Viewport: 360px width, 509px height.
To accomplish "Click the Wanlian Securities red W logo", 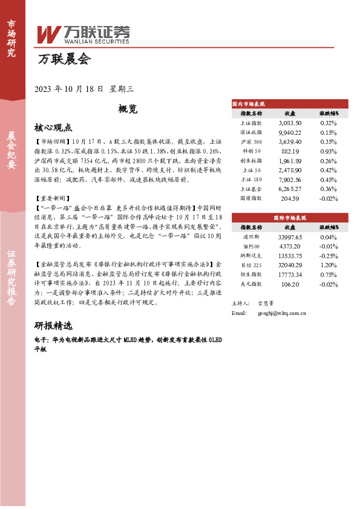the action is [x=49, y=34].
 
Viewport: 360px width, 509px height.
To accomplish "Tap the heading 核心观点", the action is [x=54, y=128].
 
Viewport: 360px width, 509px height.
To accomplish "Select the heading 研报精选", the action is [x=54, y=325].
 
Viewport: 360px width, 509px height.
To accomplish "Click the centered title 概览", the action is [x=128, y=109].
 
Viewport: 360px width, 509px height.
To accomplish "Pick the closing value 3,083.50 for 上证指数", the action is [x=289, y=123].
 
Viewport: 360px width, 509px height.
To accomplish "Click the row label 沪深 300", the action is [x=251, y=141].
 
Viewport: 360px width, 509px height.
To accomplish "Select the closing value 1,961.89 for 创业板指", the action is [x=289, y=160].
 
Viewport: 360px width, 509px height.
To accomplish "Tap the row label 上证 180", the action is [x=251, y=179].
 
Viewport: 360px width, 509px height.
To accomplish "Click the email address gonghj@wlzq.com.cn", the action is [x=281, y=313].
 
